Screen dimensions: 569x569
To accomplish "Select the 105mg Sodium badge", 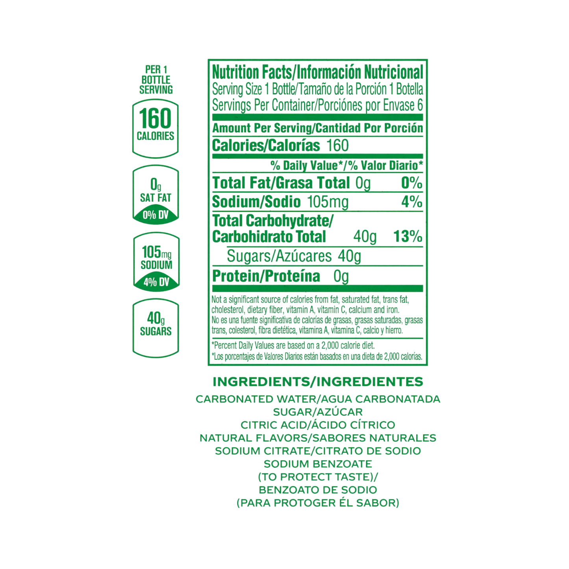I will click(156, 261).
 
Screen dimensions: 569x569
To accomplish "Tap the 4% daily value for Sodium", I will click(412, 202).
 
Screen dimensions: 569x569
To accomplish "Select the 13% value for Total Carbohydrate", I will click(408, 237).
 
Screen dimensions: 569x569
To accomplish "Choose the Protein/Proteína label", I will click(266, 277).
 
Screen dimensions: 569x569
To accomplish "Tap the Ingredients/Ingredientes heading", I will click(318, 382).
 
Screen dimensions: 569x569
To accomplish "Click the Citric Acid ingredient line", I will click(318, 425).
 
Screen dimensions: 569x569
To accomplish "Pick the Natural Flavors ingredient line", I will click(318, 437).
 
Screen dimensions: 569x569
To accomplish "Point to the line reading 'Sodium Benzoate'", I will click(318, 464).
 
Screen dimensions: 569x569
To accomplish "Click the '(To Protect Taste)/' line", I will click(318, 477).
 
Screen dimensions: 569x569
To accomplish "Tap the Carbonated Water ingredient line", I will click(318, 399).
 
